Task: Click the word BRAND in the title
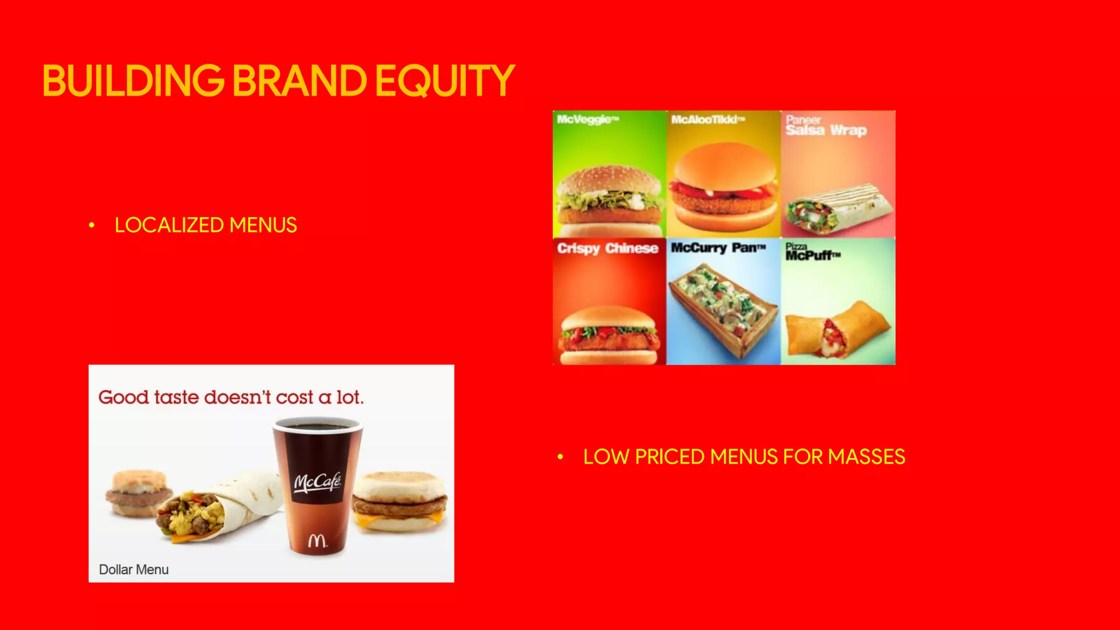click(300, 81)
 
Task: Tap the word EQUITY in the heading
click(445, 81)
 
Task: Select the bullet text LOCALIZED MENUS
click(206, 225)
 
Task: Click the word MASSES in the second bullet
click(866, 457)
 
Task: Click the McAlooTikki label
click(708, 119)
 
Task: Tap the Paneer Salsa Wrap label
click(826, 126)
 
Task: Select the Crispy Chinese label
click(608, 248)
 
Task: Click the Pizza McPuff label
click(812, 252)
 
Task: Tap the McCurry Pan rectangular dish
click(723, 308)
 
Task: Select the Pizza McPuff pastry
click(837, 328)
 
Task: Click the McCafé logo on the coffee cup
click(318, 482)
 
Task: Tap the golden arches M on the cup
click(317, 540)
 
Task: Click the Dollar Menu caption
click(133, 569)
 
